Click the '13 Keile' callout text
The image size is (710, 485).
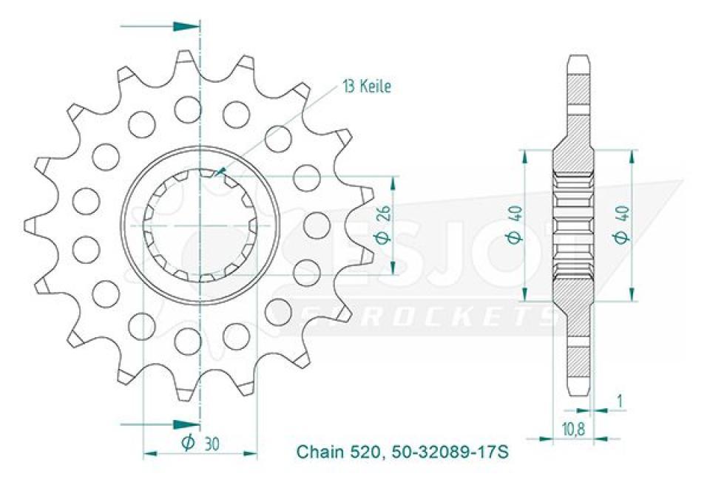(x=366, y=87)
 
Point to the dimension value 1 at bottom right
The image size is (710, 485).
(x=620, y=401)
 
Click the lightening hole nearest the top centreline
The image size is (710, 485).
(x=188, y=109)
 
